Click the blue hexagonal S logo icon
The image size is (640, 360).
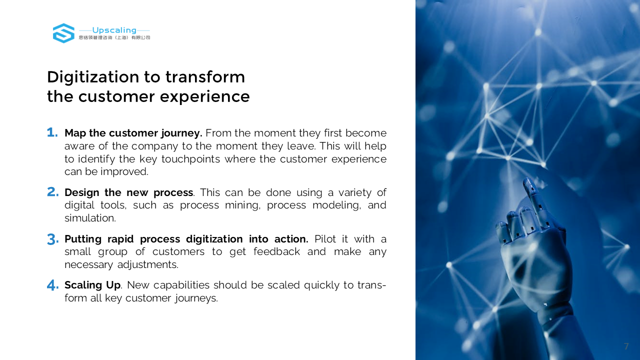[x=63, y=33]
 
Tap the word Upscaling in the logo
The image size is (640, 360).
[x=114, y=30]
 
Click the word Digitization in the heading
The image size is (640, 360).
[x=93, y=77]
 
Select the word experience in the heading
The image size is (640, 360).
[x=204, y=97]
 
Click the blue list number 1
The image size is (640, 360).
[x=52, y=132]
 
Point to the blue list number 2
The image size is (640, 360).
[x=53, y=192]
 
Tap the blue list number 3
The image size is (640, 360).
[x=53, y=239]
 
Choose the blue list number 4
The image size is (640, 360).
[x=53, y=285]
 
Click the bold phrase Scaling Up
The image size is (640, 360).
[x=92, y=285]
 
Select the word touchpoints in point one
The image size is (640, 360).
[x=190, y=159]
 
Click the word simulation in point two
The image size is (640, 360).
[x=90, y=218]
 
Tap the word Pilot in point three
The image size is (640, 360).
[x=325, y=239]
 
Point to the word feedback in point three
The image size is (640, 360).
[x=276, y=251]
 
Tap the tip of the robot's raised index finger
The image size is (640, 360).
[x=527, y=180]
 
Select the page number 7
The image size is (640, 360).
[x=626, y=346]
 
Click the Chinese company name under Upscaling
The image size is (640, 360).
[x=114, y=37]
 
